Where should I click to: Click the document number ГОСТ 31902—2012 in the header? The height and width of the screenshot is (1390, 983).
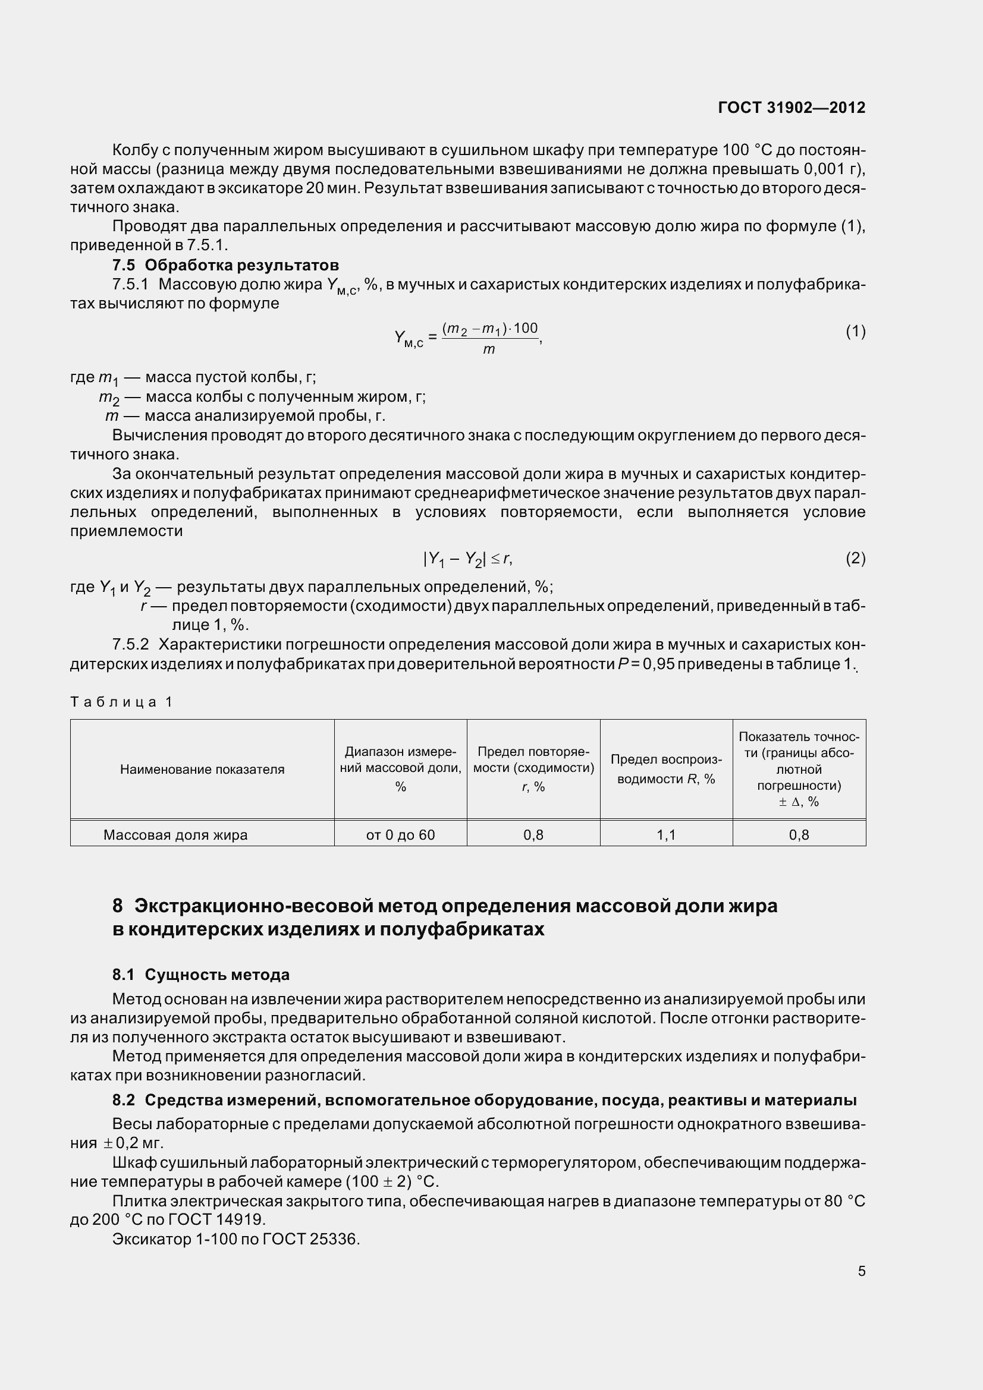pyautogui.click(x=791, y=108)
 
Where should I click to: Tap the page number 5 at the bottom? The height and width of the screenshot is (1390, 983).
pyautogui.click(x=861, y=1271)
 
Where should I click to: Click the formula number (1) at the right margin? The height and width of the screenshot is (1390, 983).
pyautogui.click(x=855, y=331)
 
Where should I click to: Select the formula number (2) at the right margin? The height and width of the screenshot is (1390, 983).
pyautogui.click(x=855, y=558)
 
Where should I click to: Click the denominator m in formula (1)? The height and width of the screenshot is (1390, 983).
pyautogui.click(x=489, y=349)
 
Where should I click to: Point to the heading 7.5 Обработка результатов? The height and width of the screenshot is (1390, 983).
pyautogui.click(x=225, y=265)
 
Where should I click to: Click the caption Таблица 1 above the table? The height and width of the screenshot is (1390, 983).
pyautogui.click(x=122, y=702)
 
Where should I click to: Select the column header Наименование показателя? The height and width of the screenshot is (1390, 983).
pyautogui.click(x=202, y=770)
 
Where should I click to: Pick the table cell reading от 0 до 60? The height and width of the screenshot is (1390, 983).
pyautogui.click(x=400, y=835)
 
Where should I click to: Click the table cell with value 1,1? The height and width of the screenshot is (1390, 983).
pyautogui.click(x=666, y=835)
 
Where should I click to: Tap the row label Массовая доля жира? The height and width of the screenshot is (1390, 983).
pyautogui.click(x=175, y=835)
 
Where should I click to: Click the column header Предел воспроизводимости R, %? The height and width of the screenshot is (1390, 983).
pyautogui.click(x=666, y=769)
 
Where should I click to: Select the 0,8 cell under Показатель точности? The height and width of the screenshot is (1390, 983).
pyautogui.click(x=799, y=835)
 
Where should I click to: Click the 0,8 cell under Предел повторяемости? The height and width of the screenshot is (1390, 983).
pyautogui.click(x=533, y=835)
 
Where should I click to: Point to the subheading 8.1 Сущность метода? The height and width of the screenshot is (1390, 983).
pyautogui.click(x=200, y=975)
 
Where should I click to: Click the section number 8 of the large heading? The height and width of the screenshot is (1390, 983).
pyautogui.click(x=118, y=906)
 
